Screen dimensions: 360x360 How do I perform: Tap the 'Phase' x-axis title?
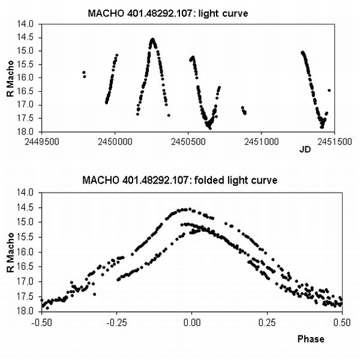[x=311, y=339]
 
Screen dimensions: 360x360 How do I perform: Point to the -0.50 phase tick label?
[x=41, y=321]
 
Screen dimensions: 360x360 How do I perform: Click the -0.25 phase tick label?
[x=116, y=321]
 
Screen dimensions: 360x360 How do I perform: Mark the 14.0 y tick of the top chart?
[x=27, y=25]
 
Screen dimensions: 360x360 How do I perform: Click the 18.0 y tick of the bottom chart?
[x=27, y=311]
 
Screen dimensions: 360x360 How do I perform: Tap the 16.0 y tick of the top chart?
[x=27, y=78]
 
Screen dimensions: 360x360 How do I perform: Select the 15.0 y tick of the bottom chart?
[x=27, y=222]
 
